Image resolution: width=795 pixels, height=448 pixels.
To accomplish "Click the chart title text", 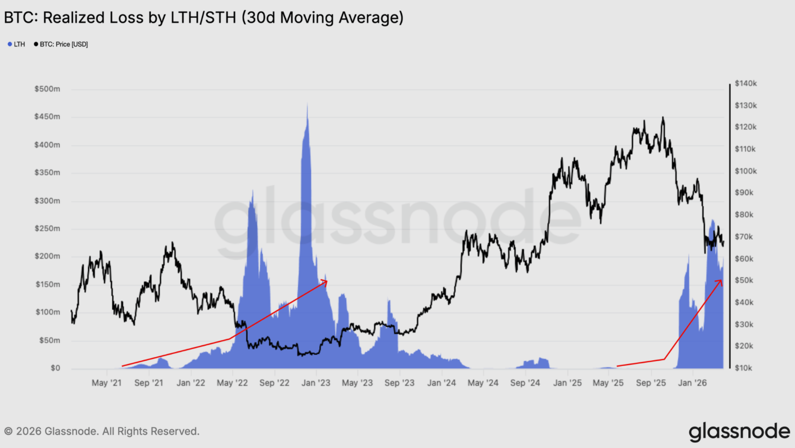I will tap(203, 18).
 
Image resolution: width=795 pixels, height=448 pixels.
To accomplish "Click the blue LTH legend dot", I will tap(10, 44).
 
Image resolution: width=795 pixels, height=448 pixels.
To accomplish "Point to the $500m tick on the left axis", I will tap(47, 89).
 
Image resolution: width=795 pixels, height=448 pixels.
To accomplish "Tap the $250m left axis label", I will tap(47, 229).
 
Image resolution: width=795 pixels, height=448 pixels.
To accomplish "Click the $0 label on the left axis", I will tap(55, 368).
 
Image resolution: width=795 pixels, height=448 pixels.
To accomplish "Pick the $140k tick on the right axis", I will tap(745, 83).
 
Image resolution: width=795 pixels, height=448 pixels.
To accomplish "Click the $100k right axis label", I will tap(745, 171).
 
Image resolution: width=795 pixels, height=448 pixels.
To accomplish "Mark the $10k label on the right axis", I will tap(744, 368).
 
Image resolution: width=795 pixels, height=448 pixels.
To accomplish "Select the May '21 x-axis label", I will tap(107, 383).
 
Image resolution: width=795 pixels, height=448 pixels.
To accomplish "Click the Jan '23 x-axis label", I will tap(316, 383).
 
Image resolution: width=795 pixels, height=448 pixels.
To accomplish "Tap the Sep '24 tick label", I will tap(525, 383).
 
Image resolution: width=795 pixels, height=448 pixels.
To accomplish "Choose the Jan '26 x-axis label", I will tap(692, 383).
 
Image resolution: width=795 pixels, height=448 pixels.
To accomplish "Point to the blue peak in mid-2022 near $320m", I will tap(253, 191).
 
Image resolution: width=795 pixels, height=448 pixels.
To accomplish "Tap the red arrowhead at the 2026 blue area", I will tap(720, 282).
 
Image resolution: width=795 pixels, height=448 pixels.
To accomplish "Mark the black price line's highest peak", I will tap(663, 117).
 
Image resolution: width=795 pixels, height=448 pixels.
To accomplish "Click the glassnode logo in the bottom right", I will tap(739, 432).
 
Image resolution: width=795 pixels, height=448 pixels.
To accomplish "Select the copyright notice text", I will tap(102, 431).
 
